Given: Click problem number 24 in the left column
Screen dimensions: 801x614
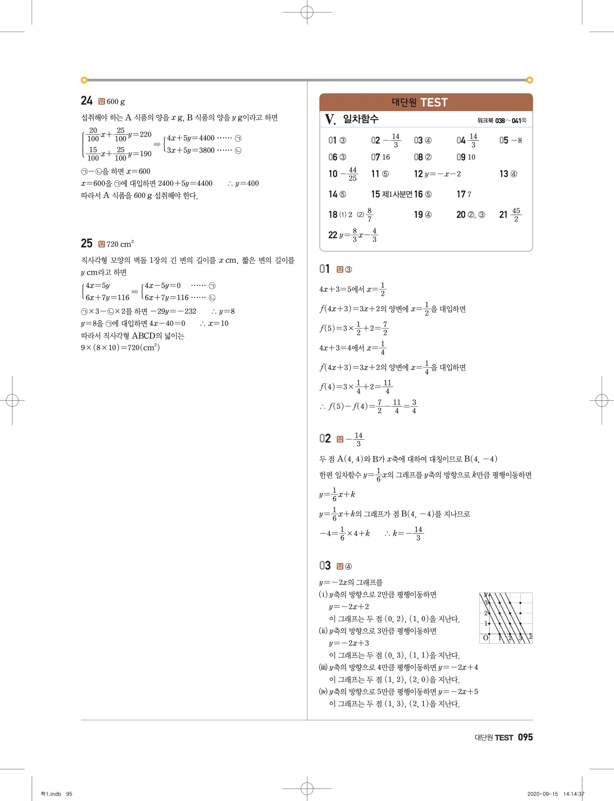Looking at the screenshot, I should (87, 101).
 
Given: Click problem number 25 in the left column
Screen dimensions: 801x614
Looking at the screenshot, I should (87, 243).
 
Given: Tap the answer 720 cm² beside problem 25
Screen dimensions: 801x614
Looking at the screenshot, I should (120, 244).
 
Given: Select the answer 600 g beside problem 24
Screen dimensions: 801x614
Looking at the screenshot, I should (116, 102).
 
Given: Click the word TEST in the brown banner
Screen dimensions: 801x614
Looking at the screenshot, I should (434, 102).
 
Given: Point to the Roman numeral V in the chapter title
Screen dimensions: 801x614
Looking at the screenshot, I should (330, 119).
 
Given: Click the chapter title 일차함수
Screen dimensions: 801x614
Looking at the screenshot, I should (361, 119).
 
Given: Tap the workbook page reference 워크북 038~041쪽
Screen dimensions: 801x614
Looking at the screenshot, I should (502, 121).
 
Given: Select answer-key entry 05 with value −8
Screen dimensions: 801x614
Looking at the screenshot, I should (510, 141).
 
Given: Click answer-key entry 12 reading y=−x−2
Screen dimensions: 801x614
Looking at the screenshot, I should (437, 174).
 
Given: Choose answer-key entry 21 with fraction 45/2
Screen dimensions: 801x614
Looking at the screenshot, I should (510, 215).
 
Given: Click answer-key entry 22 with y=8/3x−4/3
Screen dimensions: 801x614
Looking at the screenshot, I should (353, 235).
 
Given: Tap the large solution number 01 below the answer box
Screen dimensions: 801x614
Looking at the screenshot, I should (324, 269).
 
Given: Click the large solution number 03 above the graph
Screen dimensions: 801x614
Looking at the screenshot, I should (325, 566).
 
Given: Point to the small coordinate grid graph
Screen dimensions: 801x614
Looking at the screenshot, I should (506, 618).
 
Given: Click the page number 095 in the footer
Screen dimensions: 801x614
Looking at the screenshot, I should (525, 737).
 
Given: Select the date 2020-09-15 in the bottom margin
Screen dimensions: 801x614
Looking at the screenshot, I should (542, 794).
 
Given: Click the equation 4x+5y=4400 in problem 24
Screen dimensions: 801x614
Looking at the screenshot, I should (191, 138).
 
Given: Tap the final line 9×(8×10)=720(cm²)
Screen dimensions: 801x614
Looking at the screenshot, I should (120, 347).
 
